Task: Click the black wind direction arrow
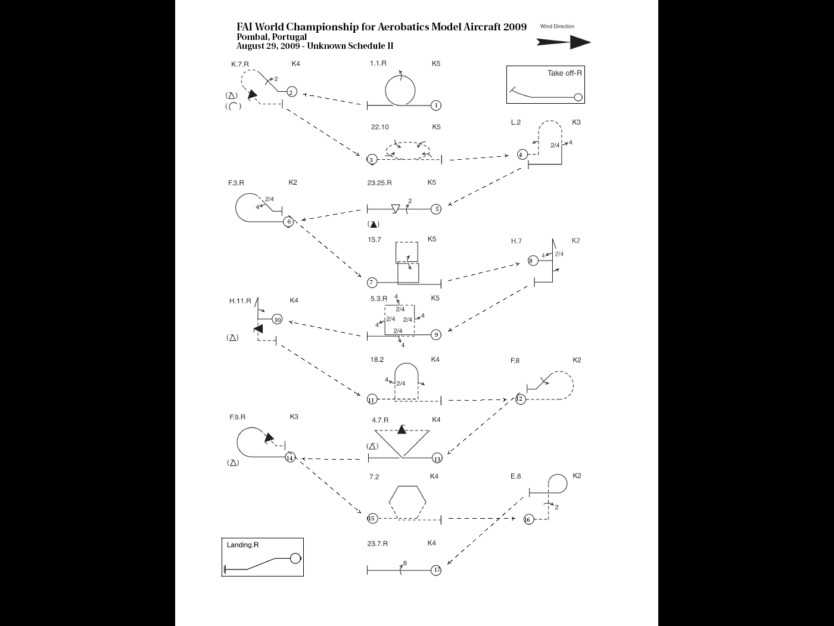563,42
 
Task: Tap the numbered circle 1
436,106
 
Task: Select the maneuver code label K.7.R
240,64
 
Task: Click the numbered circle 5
437,209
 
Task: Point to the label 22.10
379,127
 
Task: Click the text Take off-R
565,73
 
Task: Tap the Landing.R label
242,545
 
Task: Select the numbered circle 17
437,570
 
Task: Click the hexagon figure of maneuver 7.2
408,503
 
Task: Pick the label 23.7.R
378,544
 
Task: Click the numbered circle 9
436,334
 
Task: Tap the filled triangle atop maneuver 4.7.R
402,429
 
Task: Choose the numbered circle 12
520,399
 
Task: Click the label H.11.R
240,301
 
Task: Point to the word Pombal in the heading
252,37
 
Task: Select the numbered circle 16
528,519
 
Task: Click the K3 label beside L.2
576,122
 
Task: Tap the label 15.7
374,240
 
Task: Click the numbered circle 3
372,160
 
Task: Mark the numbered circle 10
278,320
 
